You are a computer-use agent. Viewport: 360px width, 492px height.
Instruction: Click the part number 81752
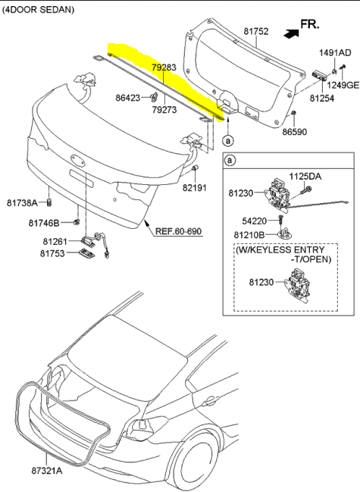pos(256,31)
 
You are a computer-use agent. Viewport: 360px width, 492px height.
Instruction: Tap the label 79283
pos(164,67)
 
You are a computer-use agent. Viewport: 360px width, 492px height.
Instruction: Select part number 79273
pos(164,109)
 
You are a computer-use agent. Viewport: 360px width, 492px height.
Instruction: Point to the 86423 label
pos(128,98)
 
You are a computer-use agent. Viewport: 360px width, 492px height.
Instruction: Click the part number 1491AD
pos(335,53)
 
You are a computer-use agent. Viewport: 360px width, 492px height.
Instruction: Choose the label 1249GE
pos(343,85)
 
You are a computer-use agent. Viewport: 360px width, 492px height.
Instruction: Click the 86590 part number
pos(295,132)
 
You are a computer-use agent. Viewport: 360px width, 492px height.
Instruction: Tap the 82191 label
pos(195,188)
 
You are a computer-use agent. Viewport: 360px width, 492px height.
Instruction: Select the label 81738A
pos(22,203)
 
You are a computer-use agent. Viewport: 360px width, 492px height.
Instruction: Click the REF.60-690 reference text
pos(179,231)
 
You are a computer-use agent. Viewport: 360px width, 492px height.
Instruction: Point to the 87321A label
pos(47,471)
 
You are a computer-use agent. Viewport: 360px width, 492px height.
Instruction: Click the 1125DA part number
pos(305,177)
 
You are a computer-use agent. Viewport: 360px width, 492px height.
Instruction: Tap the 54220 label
pos(255,221)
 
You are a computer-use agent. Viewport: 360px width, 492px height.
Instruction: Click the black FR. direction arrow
pos(291,33)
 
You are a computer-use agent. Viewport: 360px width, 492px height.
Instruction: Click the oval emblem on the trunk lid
pos(78,158)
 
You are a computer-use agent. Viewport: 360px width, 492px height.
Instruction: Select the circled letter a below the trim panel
pos(228,140)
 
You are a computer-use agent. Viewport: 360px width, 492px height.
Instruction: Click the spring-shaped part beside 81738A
pos(49,202)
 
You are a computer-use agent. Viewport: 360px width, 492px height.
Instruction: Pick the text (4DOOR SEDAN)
pos(38,10)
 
